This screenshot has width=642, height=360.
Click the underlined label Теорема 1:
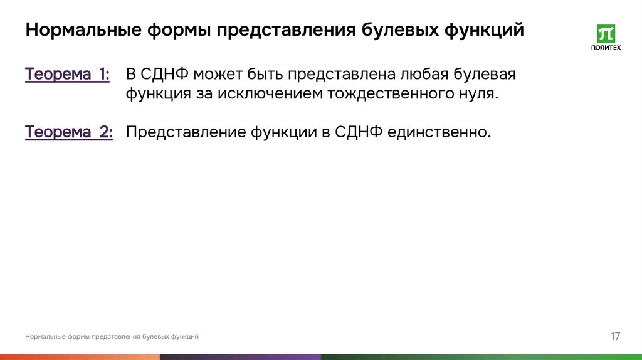click(x=68, y=75)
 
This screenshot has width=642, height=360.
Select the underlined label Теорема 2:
click(x=69, y=132)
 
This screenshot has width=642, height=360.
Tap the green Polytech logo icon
click(x=606, y=34)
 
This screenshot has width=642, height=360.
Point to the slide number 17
click(x=615, y=337)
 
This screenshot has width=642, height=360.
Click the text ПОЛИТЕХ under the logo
click(x=606, y=48)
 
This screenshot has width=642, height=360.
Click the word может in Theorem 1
click(x=216, y=75)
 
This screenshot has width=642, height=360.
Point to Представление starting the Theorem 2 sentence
click(x=186, y=132)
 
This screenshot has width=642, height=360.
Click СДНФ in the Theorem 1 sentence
click(x=165, y=75)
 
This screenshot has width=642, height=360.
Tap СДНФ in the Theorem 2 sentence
click(x=358, y=132)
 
